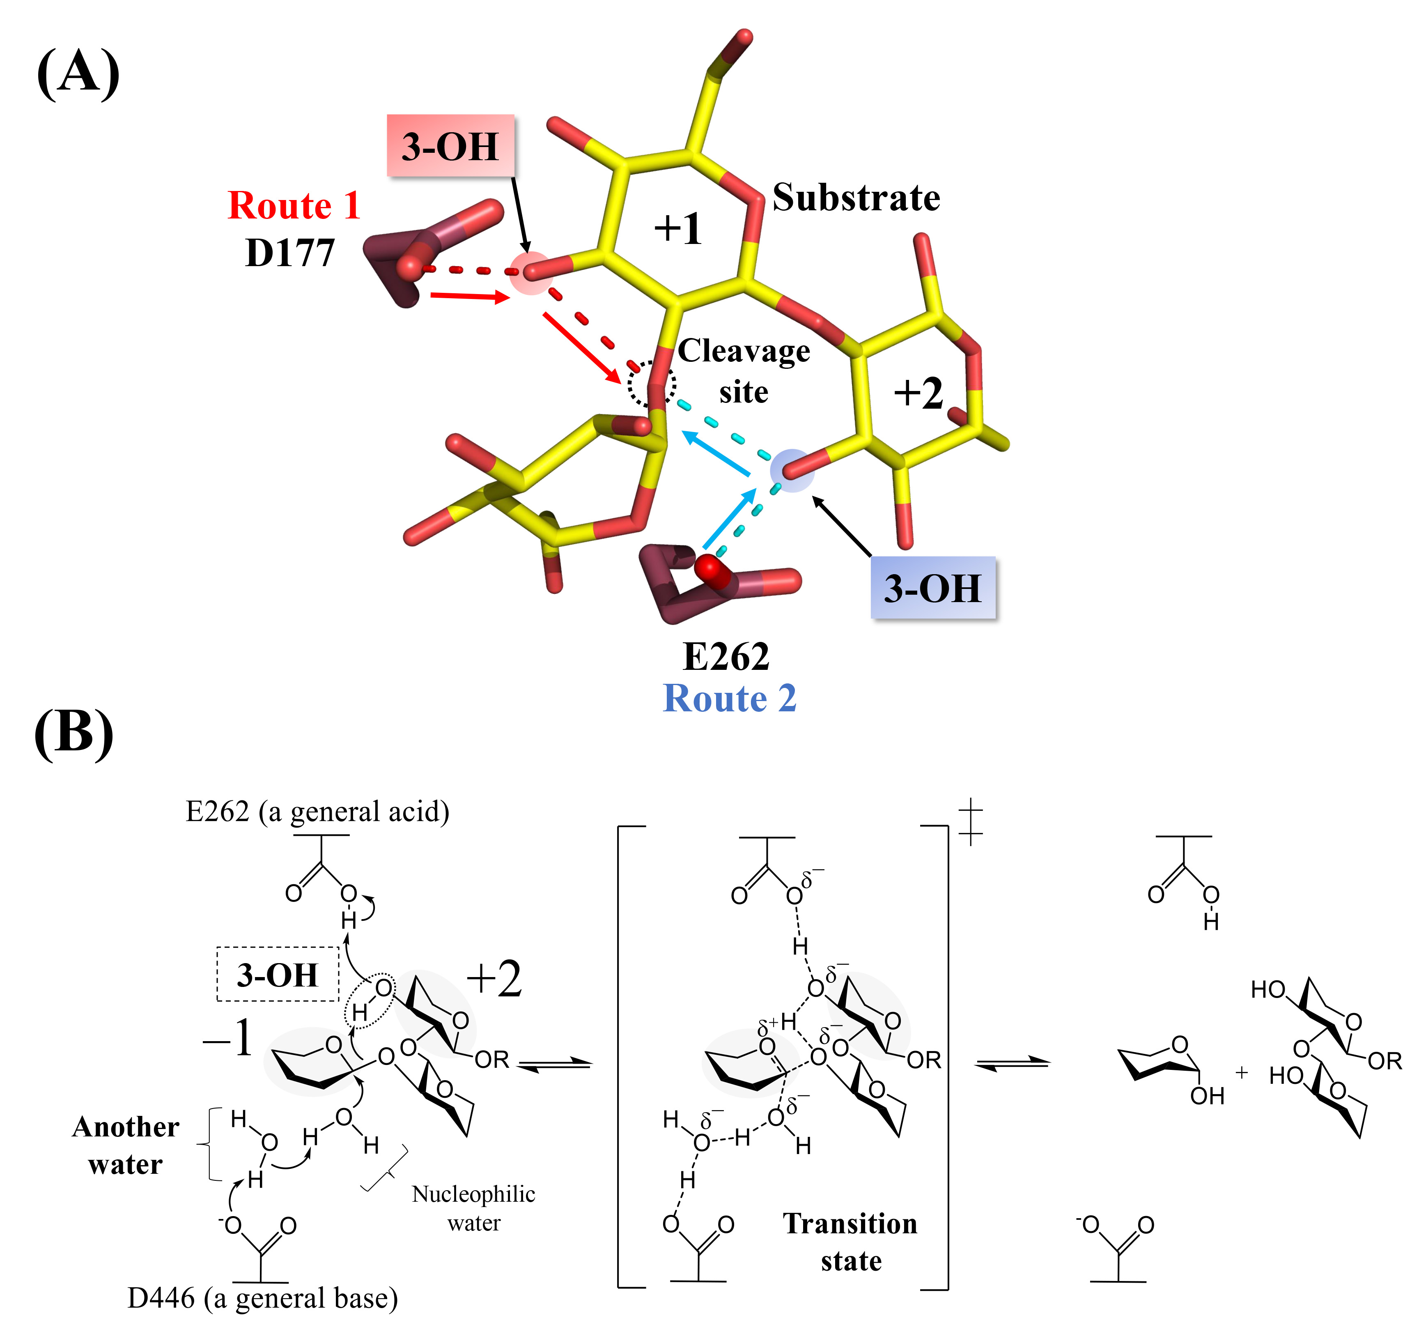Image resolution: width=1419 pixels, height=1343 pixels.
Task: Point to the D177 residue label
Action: click(x=290, y=253)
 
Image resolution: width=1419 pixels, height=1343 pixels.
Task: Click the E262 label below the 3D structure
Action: click(x=726, y=656)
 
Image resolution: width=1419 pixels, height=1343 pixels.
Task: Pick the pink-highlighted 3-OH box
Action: click(x=450, y=146)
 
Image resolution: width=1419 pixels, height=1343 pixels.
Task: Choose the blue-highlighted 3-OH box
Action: click(x=932, y=588)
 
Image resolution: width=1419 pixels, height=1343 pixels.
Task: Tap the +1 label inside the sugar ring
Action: click(x=677, y=229)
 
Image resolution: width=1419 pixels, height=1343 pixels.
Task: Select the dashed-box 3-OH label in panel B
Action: click(x=278, y=974)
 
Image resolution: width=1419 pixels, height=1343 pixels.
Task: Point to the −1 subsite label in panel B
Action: click(x=227, y=1038)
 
